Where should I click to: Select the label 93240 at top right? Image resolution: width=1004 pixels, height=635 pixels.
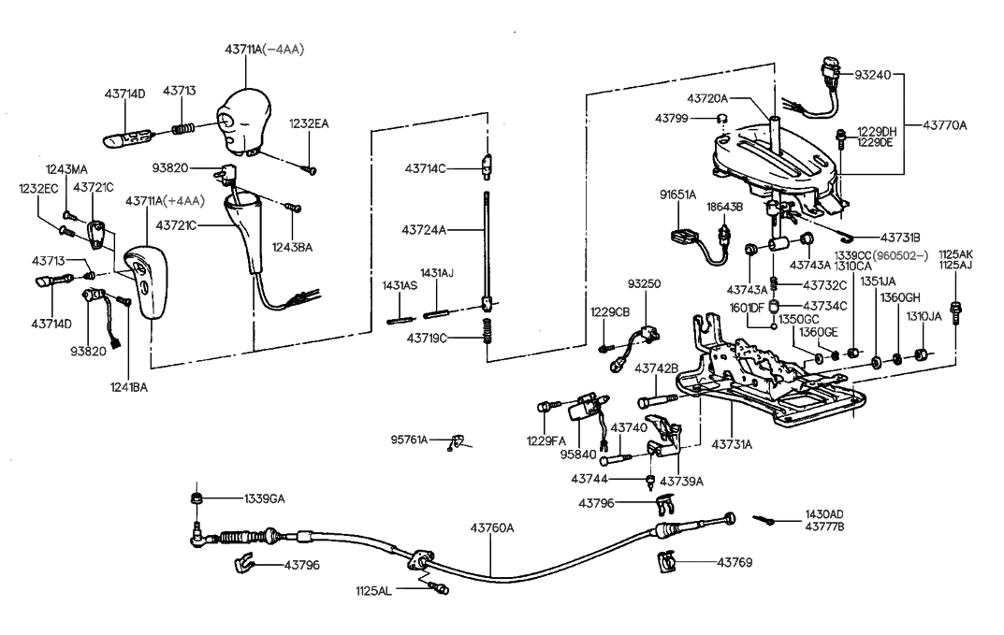(x=874, y=74)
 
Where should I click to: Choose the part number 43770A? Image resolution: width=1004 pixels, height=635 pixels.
(x=945, y=124)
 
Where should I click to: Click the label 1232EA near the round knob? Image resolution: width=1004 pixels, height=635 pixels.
(x=309, y=123)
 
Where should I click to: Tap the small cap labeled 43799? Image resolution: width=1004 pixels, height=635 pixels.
(x=722, y=118)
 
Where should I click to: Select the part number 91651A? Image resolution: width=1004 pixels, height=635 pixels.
(x=677, y=194)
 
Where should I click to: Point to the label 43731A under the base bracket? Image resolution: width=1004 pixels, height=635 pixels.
(x=732, y=444)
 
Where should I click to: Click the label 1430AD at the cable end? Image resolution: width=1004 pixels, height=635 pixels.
(x=823, y=514)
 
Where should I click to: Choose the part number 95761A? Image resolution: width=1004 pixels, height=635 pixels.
(x=409, y=439)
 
